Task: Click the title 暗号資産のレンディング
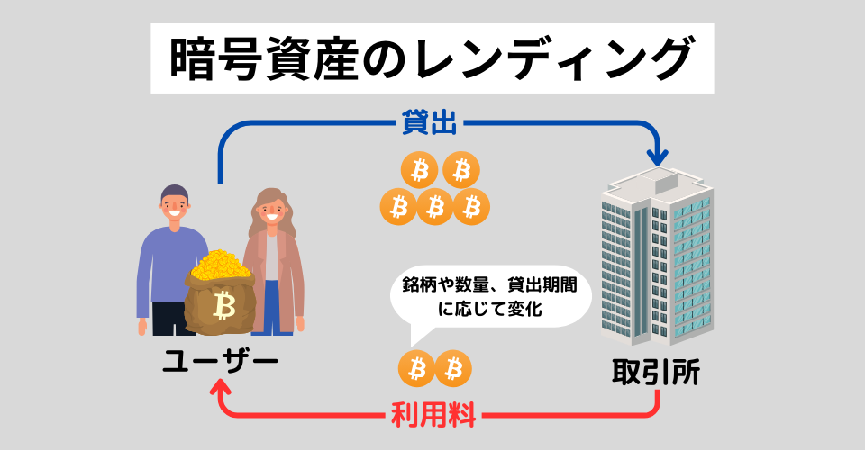[x=432, y=58]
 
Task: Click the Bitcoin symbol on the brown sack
[x=223, y=306]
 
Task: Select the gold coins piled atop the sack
[x=222, y=265]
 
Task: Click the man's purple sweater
[x=163, y=265]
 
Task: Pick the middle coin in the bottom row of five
[x=434, y=207]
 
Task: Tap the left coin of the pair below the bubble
[x=416, y=367]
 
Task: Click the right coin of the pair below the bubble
[x=453, y=367]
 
